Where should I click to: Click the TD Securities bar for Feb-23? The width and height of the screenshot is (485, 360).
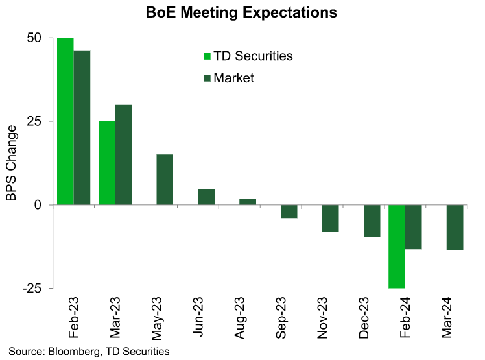tap(65, 121)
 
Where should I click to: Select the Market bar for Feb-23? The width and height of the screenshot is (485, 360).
tap(82, 128)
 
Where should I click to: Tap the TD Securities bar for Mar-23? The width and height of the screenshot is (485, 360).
tap(107, 163)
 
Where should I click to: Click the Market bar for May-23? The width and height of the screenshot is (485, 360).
tap(165, 180)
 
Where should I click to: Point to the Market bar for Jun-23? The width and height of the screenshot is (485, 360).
tap(206, 197)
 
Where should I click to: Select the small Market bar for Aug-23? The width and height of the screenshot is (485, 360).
tap(248, 202)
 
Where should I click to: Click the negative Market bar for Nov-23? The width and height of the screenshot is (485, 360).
tap(331, 219)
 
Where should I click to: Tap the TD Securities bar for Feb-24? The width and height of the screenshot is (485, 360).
tap(397, 246)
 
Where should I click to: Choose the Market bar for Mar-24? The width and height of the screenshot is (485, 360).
tap(455, 227)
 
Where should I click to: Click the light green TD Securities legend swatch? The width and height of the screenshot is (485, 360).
tap(207, 56)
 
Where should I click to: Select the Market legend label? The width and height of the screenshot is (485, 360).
tap(233, 78)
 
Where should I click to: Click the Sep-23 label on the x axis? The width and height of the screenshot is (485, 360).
tap(282, 320)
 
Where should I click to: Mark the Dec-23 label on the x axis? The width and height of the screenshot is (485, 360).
tap(365, 320)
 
